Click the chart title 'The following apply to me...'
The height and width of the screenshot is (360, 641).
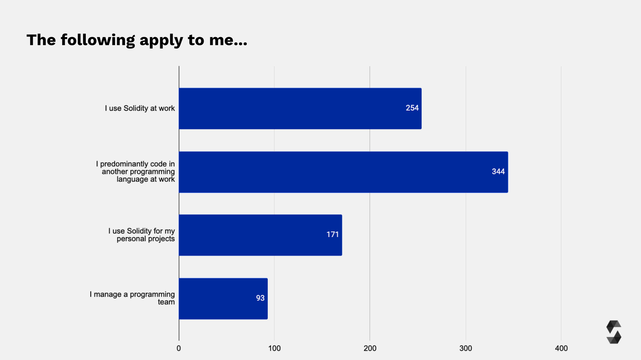137,40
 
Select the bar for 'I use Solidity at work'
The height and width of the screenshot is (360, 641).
300,109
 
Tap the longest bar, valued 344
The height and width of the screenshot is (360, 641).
343,172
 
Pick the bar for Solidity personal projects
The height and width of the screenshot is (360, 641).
260,235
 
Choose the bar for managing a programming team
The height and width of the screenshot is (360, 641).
223,298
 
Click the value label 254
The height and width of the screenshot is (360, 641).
412,108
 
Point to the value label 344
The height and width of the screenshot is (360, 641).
498,172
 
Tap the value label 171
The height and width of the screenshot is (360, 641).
333,235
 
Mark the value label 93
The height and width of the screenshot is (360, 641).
260,298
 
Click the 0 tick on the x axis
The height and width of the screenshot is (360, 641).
179,348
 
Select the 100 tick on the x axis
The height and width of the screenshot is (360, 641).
274,348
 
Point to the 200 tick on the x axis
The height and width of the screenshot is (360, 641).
370,348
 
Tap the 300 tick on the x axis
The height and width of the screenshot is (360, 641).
466,348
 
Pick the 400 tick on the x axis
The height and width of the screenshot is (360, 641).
561,348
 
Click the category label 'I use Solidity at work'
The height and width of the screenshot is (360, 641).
140,108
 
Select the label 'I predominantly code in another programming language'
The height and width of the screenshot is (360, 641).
136,172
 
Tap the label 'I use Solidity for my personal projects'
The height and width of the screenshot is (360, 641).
142,235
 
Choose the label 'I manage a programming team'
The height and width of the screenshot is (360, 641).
132,298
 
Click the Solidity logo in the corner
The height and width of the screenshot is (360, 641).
614,332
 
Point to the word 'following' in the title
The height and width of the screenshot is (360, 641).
98,41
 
